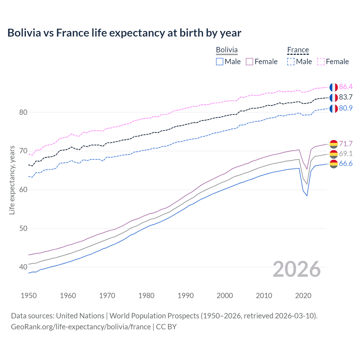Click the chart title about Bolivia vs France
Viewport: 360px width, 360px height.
coord(124,33)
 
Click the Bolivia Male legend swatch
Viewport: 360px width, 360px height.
coord(220,62)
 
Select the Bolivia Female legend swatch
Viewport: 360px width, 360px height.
coord(249,62)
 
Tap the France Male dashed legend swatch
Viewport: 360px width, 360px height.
coord(291,62)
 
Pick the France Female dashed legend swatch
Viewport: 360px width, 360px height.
coord(321,62)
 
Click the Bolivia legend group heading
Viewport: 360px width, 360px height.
coord(227,50)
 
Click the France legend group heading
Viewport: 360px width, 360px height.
coord(298,50)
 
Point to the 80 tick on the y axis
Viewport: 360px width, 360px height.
coord(23,112)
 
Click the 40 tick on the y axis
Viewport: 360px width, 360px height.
coord(23,267)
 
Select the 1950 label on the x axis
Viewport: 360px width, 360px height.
coord(29,296)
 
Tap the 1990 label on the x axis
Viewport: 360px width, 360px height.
coord(186,296)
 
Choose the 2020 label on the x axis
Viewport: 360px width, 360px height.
coord(303,296)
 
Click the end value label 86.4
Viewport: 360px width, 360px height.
coord(346,87)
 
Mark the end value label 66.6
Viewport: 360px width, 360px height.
coord(346,164)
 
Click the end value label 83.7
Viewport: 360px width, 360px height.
coord(346,97)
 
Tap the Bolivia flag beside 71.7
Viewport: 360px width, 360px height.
coord(334,144)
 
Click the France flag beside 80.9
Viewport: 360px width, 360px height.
coord(334,108)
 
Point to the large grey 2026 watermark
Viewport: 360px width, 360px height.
coord(296,269)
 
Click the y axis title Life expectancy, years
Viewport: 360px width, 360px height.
coord(12,180)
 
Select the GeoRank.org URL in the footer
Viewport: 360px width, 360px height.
coord(81,327)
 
